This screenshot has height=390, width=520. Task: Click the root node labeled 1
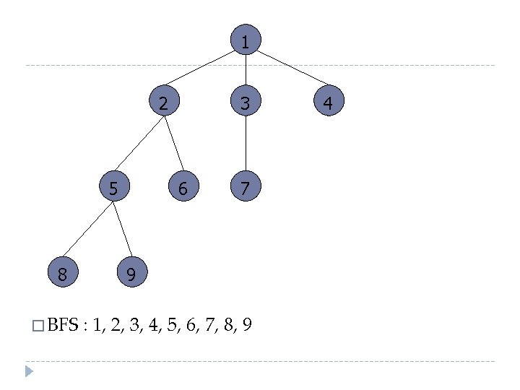pos(246,42)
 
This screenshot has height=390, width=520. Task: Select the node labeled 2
pos(164,103)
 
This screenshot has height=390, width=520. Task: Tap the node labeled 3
pos(246,103)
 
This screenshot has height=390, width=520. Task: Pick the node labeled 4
pos(328,103)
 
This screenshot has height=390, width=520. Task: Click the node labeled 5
pos(113,188)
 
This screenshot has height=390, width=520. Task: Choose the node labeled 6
pos(183,188)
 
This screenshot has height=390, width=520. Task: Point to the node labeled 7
pos(246,188)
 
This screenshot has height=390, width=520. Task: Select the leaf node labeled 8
pos(63,273)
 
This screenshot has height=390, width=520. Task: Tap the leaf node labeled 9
pos(131,273)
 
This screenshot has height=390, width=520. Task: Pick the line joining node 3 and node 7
pos(246,146)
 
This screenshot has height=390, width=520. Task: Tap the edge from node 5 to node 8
pos(88,230)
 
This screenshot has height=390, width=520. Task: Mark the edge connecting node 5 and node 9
pos(122,230)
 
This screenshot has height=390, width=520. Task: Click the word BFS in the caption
pos(63,326)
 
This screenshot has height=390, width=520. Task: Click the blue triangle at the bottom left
pos(28,372)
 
